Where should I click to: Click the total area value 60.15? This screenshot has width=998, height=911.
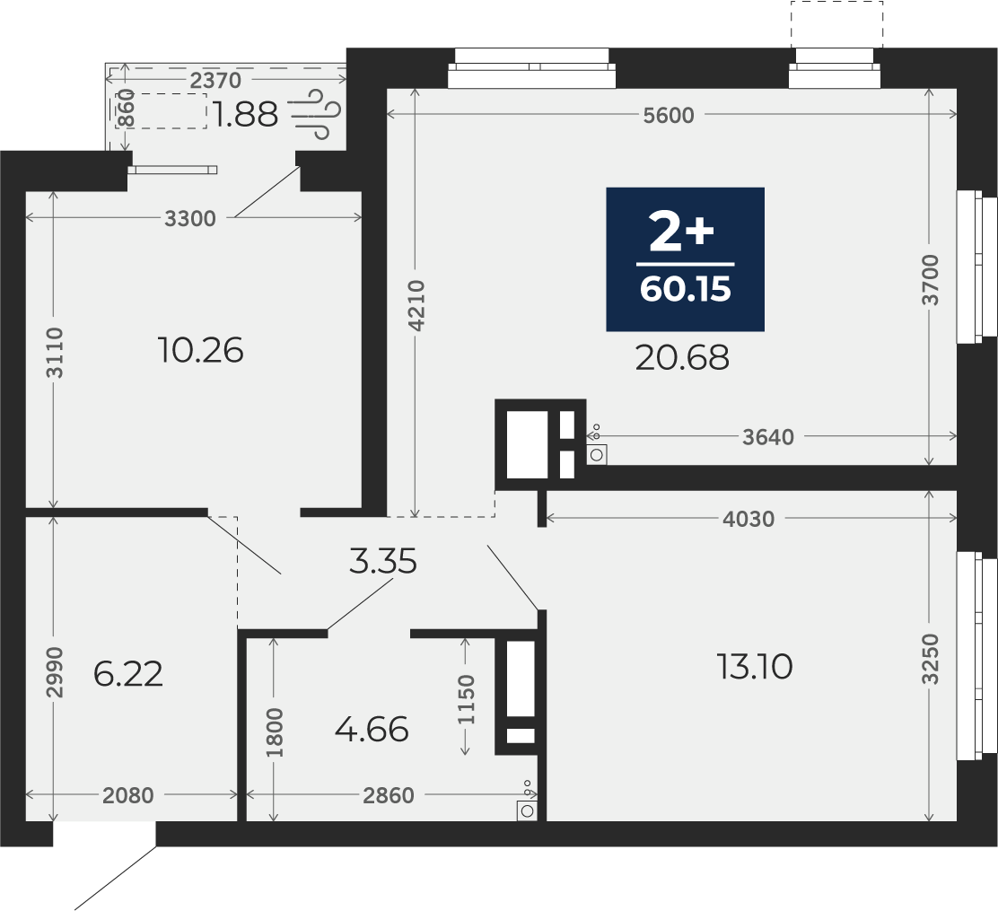[686, 290]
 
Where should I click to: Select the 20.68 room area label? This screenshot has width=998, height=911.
[682, 358]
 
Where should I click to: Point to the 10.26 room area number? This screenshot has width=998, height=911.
[200, 350]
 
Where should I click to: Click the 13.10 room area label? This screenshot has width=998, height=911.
[755, 667]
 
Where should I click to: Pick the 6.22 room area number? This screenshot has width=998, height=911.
[128, 673]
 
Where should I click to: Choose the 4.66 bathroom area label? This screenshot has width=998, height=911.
[372, 730]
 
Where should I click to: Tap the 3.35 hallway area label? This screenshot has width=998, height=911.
[383, 562]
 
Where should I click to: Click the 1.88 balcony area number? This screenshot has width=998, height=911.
[246, 115]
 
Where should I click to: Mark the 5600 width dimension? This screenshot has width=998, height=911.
[669, 116]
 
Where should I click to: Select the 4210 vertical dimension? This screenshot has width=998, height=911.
[416, 305]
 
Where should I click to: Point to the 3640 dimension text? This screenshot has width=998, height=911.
[768, 437]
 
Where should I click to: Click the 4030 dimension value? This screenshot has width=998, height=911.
[748, 520]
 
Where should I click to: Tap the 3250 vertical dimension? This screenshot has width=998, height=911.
[931, 659]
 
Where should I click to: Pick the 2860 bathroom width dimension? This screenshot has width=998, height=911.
[389, 796]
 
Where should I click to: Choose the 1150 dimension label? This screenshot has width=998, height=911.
[467, 699]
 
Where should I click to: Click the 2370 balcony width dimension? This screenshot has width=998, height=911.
[215, 81]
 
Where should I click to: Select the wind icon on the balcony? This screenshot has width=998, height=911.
[316, 115]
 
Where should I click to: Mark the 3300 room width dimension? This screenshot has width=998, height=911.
[190, 219]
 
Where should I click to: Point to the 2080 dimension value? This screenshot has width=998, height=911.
[128, 796]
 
